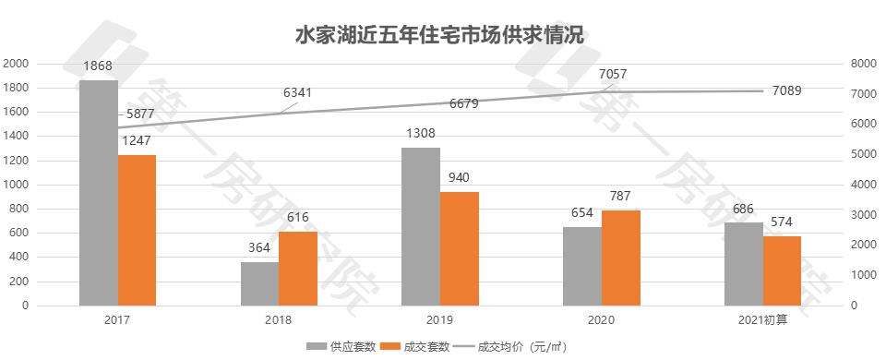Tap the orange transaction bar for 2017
tap(137, 230)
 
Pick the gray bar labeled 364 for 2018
tap(259, 283)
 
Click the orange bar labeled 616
tap(298, 268)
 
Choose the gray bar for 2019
tap(421, 226)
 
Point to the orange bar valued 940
tap(460, 248)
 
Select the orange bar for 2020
tap(621, 258)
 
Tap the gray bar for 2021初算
tap(744, 264)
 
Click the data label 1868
tap(98, 67)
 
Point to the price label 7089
tap(787, 90)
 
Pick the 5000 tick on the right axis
tap(862, 154)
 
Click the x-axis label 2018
tap(279, 319)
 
